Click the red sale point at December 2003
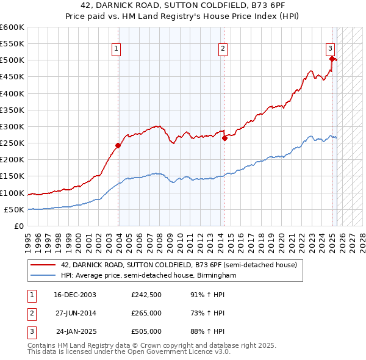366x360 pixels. (118, 145)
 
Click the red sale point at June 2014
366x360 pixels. (224, 138)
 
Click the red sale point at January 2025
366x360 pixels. (332, 59)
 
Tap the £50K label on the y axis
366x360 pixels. (14, 209)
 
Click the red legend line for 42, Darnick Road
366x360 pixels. (43, 265)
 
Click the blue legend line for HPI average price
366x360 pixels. (43, 275)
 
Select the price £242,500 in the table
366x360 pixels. (146, 295)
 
